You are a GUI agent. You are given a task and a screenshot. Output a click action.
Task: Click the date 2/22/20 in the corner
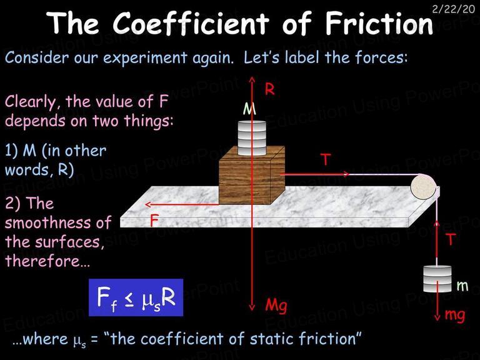453,9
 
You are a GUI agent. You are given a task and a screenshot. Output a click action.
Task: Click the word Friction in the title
379,23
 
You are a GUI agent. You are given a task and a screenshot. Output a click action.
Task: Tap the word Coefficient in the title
191,23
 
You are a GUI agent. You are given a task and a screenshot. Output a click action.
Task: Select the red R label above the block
269,89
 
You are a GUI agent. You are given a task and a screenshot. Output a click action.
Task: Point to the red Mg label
276,306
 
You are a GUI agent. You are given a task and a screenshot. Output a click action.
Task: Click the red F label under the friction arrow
154,221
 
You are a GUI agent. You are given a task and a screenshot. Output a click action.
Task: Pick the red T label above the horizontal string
326,159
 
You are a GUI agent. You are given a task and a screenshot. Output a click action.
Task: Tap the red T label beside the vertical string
450,239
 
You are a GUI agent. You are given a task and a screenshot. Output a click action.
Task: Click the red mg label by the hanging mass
454,315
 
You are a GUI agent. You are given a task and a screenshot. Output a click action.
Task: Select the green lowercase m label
462,286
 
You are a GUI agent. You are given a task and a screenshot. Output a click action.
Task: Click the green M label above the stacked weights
249,108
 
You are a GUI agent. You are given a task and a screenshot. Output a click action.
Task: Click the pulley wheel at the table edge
424,187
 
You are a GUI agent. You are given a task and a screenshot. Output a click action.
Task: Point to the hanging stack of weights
437,279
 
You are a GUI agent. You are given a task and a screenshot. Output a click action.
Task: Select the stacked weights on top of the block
252,138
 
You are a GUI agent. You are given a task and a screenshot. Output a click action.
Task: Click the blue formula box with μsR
136,297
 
